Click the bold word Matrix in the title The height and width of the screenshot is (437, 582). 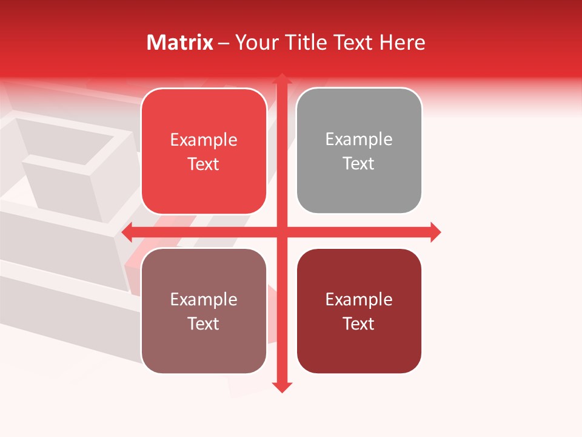(x=180, y=42)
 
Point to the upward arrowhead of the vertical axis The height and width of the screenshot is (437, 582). (x=281, y=79)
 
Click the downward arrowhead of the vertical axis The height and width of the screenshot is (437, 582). (x=281, y=387)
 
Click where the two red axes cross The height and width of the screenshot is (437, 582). (x=281, y=232)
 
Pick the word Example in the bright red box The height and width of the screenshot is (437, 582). (x=204, y=140)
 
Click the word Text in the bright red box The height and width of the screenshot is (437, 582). (x=204, y=164)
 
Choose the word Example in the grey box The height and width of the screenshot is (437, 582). (x=359, y=140)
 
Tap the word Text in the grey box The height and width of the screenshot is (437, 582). (x=359, y=164)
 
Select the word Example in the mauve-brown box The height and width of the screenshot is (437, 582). (x=204, y=299)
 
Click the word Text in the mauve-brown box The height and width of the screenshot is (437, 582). (x=204, y=324)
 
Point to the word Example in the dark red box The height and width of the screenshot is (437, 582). (x=359, y=299)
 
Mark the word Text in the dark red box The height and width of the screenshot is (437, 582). (x=359, y=324)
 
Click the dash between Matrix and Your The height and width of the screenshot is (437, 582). (x=224, y=43)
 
